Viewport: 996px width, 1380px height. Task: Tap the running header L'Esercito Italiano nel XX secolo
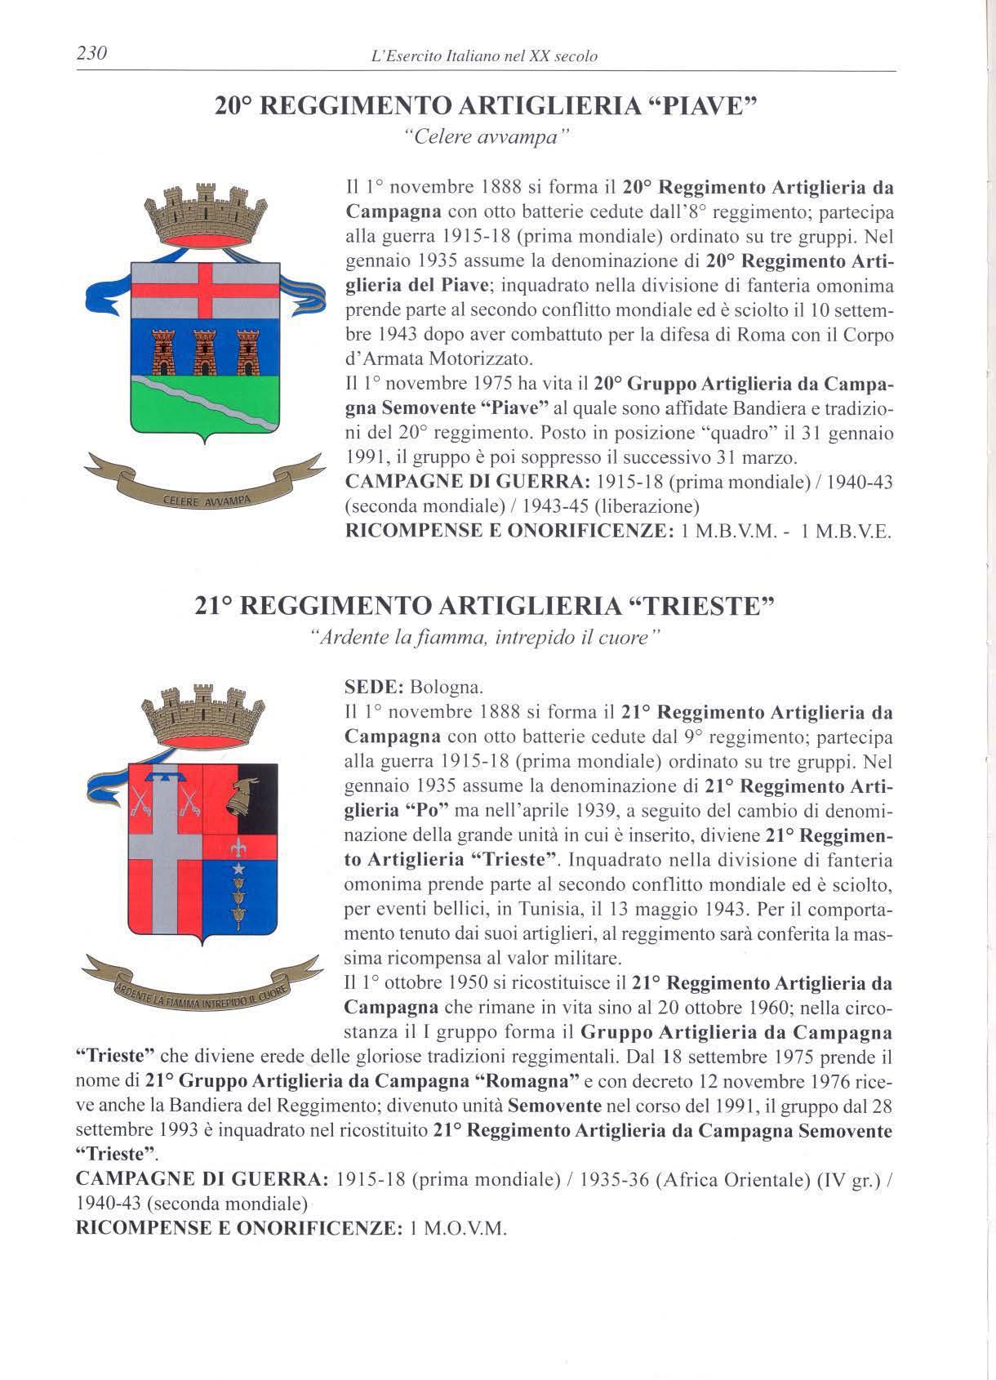click(484, 56)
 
